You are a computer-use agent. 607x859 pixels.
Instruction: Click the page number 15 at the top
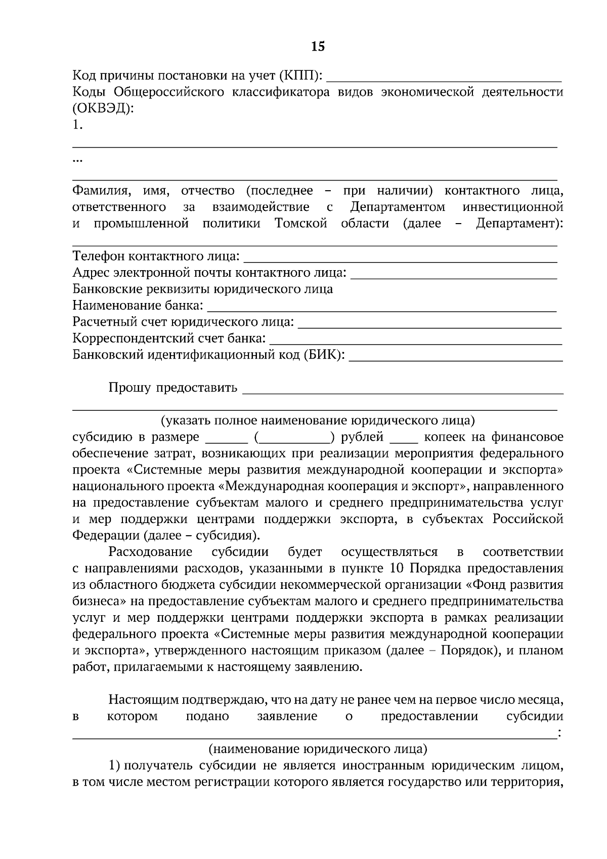point(318,47)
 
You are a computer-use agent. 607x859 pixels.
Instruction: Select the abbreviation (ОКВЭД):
point(104,108)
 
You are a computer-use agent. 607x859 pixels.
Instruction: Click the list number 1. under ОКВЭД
point(77,125)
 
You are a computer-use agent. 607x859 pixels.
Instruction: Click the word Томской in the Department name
point(301,223)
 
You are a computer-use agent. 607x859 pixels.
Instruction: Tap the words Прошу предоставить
point(172,388)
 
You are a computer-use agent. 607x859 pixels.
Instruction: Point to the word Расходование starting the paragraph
point(150,552)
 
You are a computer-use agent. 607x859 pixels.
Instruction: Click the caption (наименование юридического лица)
point(318,748)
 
